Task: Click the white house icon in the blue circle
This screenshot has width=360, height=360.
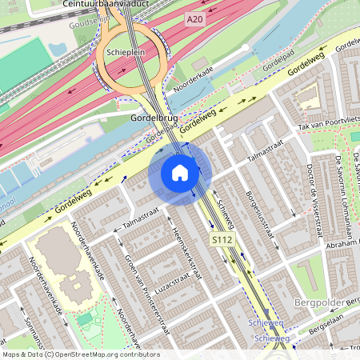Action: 180,173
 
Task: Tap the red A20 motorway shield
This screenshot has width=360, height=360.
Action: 193,18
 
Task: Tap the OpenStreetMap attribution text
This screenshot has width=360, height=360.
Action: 80,354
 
